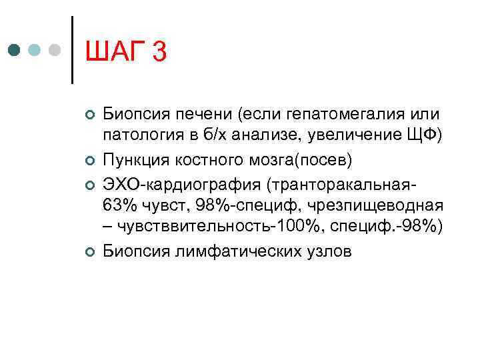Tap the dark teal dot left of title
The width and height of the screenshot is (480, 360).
tap(15, 50)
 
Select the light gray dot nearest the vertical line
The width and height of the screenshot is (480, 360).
tap(56, 50)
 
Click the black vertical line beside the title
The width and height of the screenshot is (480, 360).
tap(72, 50)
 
